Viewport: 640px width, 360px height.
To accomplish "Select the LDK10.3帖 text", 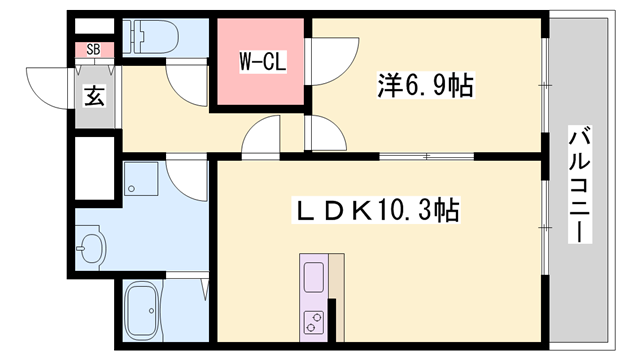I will (375, 210).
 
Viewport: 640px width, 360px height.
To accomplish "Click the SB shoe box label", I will (93, 48).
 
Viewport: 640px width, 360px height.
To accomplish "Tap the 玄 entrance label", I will (93, 97).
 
